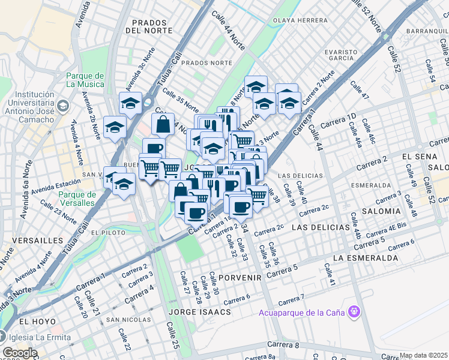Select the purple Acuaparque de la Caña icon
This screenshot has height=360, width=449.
[x=355, y=311]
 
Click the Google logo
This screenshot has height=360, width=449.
[x=20, y=353]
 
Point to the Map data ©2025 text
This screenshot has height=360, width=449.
[x=424, y=355]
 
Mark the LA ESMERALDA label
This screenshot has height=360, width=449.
[x=365, y=257]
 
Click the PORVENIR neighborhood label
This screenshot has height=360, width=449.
[x=240, y=278]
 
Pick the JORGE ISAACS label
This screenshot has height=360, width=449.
[x=199, y=312]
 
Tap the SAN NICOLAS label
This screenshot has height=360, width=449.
[x=128, y=320]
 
